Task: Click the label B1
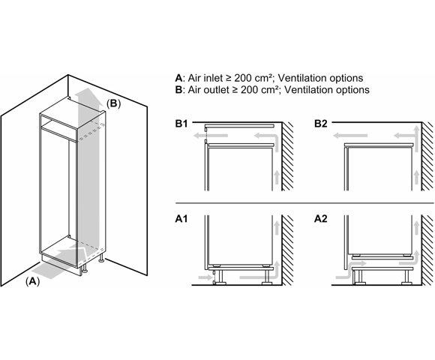(181, 124)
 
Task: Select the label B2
(321, 124)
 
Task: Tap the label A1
(181, 219)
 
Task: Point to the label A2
(321, 219)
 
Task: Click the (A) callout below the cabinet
(33, 281)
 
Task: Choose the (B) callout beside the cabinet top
(114, 103)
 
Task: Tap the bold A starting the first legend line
(178, 78)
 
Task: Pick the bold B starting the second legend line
(178, 90)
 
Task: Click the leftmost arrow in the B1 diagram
(211, 136)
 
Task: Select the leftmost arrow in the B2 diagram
(350, 136)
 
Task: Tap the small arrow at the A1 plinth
(205, 277)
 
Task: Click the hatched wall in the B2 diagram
(427, 156)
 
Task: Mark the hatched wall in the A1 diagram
(288, 250)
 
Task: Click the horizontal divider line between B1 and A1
(304, 203)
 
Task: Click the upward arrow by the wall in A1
(276, 228)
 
